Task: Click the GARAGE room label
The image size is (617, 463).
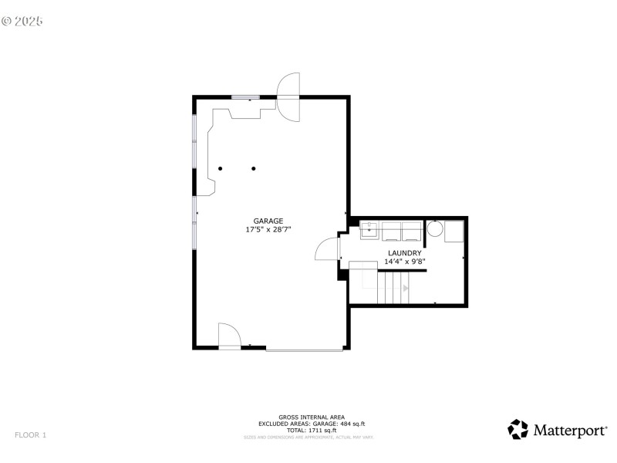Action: point(268,221)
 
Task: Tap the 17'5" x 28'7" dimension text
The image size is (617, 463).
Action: point(268,230)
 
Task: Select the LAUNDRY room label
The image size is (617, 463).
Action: point(404,253)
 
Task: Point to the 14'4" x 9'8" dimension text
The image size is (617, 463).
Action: point(404,262)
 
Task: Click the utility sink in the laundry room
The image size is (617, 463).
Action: point(369,228)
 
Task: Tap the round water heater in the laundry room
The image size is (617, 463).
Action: point(435,229)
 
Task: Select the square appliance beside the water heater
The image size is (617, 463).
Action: point(453,230)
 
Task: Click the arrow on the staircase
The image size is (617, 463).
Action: point(406,288)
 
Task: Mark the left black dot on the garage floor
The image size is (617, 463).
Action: point(220,168)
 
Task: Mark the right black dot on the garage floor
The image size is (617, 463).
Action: point(253,168)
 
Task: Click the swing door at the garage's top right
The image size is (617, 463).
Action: point(288,96)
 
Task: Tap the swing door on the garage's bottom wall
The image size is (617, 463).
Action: point(229,337)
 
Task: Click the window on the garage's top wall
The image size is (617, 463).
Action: point(246,97)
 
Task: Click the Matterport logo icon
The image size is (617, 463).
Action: point(518,429)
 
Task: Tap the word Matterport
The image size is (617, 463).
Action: point(568,431)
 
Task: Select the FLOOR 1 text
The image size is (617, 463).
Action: point(31,435)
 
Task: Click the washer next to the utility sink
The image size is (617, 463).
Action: point(390,230)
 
